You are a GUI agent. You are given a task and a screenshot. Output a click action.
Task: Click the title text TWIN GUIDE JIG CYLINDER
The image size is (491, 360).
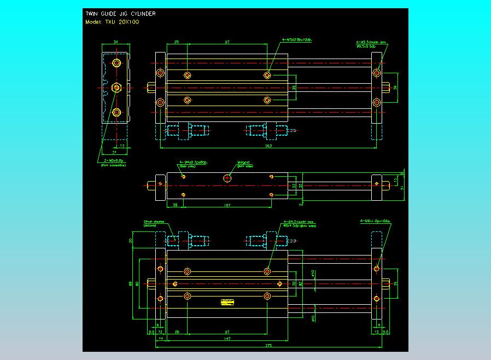pos(120,14)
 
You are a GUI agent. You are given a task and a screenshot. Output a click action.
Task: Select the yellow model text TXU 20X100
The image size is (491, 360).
pos(113,22)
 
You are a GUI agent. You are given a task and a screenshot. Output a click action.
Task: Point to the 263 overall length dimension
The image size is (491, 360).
pos(268,146)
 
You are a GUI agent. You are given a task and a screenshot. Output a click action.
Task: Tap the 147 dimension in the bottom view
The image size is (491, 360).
pos(226,339)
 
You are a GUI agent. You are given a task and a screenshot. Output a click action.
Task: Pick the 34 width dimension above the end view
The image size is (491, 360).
pos(115,42)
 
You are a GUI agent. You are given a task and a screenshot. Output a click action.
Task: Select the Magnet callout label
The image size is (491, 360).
pos(243,162)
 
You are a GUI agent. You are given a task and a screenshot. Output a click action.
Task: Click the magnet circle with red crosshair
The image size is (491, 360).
pos(227,178)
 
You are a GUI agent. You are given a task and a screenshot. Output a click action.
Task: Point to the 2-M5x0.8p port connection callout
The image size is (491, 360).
pos(114,161)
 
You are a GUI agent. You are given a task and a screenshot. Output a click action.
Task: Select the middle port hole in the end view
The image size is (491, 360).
pos(116,87)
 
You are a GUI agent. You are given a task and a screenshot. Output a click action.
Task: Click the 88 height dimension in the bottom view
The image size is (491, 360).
pos(131,283)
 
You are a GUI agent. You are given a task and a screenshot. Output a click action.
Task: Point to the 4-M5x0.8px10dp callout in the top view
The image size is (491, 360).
pos(296,40)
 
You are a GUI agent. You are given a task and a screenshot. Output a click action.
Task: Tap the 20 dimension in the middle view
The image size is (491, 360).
pos(174,205)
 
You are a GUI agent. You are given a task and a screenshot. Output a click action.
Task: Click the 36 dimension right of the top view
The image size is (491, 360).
pos(395,87)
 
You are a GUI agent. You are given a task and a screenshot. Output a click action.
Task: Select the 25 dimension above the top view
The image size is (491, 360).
pos(177,42)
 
